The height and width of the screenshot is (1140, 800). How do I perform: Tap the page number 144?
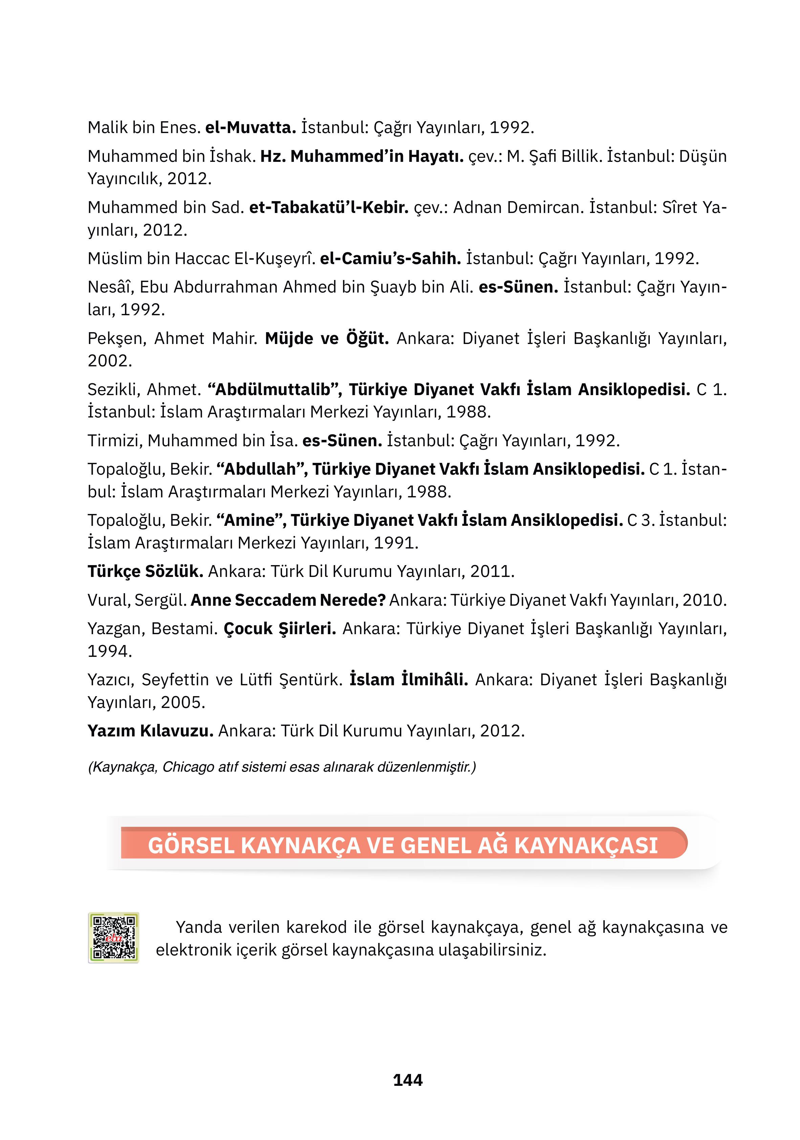407,1080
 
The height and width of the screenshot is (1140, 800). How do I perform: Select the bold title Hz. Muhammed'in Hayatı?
362,156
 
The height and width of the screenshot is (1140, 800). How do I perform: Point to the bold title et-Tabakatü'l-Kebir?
329,208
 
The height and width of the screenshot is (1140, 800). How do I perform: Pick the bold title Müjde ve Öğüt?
327,339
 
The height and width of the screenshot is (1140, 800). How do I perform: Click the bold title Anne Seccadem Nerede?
288,600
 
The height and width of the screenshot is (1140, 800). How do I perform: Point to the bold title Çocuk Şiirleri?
280,629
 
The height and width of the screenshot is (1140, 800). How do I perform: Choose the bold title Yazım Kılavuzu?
150,731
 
